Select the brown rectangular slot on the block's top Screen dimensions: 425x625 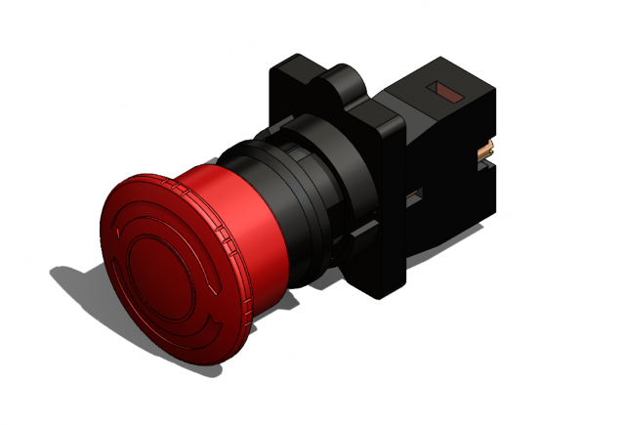point(451,95)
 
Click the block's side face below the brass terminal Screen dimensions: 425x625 point(479,195)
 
